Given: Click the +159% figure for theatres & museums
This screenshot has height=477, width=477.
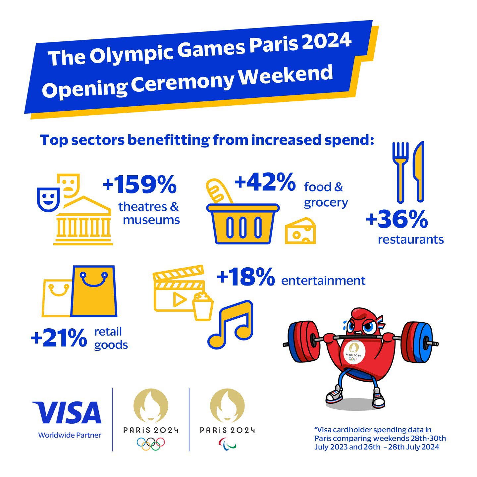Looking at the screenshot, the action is coord(139,185).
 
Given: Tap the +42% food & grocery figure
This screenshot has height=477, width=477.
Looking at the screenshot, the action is coord(265,182).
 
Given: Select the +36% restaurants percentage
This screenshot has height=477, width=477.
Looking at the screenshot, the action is coord(397,219).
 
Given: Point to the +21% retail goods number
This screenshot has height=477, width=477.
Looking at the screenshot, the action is coord(59,338).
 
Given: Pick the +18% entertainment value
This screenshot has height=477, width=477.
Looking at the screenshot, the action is coord(246,277).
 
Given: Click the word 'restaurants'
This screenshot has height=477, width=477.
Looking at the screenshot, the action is coord(411,239).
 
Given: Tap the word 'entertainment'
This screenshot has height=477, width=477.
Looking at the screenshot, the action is coord(323,281).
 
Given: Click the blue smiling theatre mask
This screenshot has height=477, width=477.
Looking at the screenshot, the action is coord(48,199).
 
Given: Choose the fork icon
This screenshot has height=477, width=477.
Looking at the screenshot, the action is coord(400,172).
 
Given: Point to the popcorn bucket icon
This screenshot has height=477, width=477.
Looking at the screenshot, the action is coord(203,307).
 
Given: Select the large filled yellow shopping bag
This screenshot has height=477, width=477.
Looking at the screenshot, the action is coord(94,291).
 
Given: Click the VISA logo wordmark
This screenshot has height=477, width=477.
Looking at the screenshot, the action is coord(67,412).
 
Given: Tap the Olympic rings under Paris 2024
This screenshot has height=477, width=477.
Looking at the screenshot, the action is coord(151,444).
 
